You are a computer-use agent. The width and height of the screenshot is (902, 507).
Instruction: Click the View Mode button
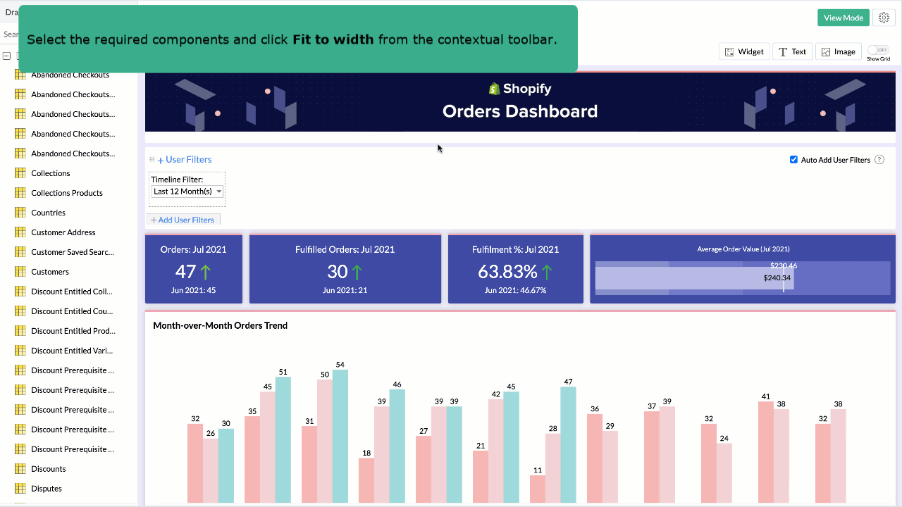(x=843, y=18)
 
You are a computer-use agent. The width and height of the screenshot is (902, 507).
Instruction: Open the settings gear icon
(x=884, y=18)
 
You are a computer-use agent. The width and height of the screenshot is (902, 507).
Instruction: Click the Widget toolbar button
(x=744, y=51)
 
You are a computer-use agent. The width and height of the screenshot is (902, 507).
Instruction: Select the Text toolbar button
(x=792, y=51)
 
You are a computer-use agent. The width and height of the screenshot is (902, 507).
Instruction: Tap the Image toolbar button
(x=838, y=51)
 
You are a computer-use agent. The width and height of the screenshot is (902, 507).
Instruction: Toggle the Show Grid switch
(x=877, y=50)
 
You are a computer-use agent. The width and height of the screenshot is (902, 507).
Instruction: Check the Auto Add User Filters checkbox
(x=794, y=160)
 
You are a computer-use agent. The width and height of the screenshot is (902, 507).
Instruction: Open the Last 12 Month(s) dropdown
(x=187, y=192)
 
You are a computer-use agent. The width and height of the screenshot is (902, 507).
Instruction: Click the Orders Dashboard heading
(x=520, y=111)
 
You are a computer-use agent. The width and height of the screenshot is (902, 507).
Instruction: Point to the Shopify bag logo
(x=495, y=89)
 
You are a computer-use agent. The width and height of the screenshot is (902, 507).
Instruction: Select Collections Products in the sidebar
(x=67, y=193)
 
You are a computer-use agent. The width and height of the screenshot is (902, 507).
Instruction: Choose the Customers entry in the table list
(x=50, y=272)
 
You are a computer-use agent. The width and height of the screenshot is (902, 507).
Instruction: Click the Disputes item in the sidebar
(x=47, y=489)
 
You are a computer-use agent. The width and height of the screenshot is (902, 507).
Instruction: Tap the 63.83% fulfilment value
(x=507, y=272)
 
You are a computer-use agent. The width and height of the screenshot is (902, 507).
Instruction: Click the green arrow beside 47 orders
(x=206, y=272)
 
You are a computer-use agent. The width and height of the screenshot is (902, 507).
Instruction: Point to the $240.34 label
(x=777, y=278)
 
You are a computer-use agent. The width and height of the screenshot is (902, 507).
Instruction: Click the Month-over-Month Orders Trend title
(x=220, y=325)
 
